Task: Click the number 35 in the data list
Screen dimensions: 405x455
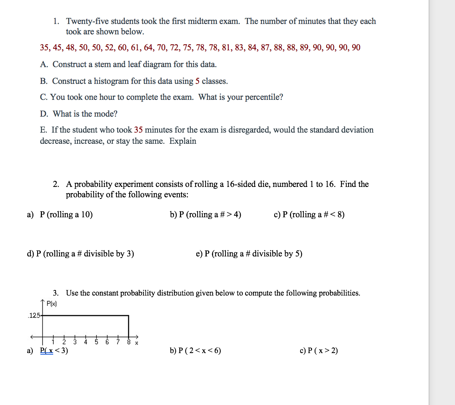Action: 44,48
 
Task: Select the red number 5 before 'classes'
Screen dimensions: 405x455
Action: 197,81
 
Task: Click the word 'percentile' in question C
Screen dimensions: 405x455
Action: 263,97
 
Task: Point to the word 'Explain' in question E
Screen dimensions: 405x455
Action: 183,141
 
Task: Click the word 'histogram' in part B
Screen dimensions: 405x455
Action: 111,81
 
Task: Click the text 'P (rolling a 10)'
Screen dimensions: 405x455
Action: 66,215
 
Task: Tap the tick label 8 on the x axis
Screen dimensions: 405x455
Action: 128,342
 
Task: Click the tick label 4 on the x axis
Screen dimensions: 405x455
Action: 86,342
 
